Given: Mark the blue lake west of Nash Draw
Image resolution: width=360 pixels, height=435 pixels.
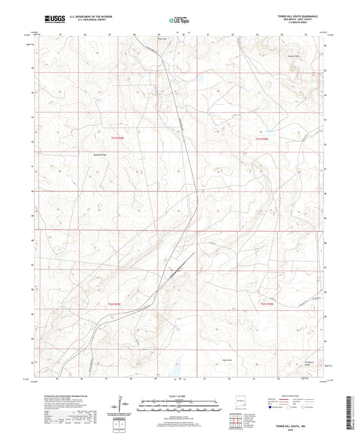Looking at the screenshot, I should (x=170, y=369).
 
